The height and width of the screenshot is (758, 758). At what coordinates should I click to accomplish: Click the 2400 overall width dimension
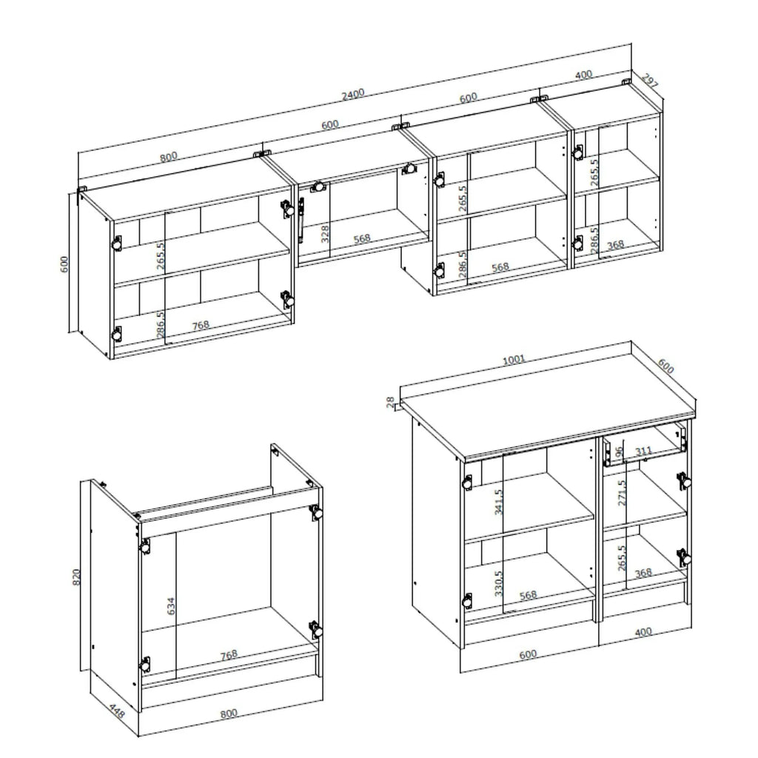click(x=353, y=94)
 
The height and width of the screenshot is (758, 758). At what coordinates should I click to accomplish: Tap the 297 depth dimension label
click(x=650, y=80)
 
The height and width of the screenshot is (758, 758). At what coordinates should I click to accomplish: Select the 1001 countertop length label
click(x=514, y=360)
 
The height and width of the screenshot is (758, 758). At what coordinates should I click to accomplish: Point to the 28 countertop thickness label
click(x=390, y=402)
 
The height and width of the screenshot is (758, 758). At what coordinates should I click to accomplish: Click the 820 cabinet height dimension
click(x=76, y=577)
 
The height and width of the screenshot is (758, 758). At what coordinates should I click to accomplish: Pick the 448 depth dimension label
click(x=116, y=713)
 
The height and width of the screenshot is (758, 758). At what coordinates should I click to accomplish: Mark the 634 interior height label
click(x=170, y=606)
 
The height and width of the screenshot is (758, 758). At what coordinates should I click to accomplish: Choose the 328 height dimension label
click(x=325, y=234)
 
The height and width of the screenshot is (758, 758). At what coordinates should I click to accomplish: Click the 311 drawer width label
click(x=643, y=452)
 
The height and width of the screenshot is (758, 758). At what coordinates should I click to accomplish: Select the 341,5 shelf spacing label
click(x=499, y=501)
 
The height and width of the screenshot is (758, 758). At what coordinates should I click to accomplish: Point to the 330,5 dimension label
click(x=499, y=583)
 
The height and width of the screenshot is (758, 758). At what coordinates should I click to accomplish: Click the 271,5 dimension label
click(x=622, y=492)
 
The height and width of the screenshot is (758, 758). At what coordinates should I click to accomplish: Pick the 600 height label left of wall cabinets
click(x=64, y=264)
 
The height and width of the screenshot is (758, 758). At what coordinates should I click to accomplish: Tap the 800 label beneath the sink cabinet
click(x=229, y=714)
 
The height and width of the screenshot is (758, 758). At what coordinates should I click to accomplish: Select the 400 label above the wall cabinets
click(x=583, y=75)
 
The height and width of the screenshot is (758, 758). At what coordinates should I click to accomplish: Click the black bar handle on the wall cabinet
click(x=301, y=219)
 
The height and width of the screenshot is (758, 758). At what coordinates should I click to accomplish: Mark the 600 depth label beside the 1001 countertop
click(x=665, y=366)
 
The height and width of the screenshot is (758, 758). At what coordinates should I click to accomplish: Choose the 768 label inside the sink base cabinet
click(x=229, y=655)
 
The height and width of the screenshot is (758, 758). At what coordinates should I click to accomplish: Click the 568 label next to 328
click(x=361, y=238)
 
